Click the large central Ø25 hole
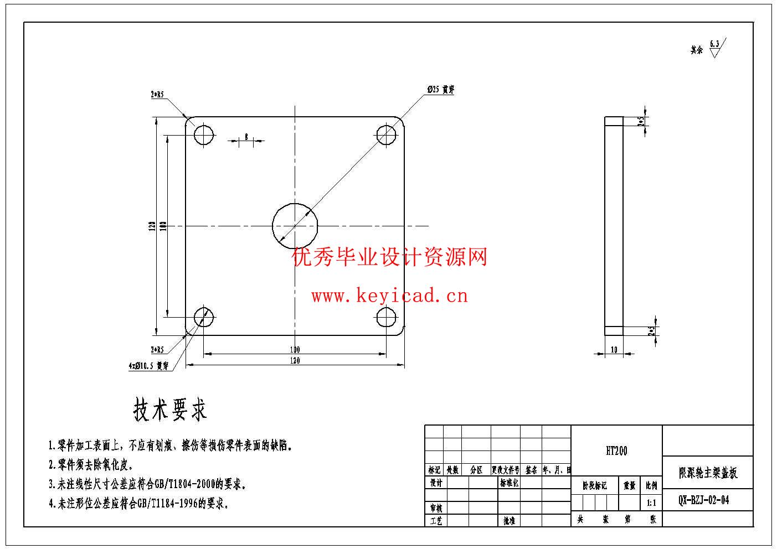tap(295, 225)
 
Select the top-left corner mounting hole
tap(204, 134)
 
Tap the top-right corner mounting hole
tap(387, 134)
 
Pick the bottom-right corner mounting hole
tap(387, 317)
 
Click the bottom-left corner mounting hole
tap(204, 317)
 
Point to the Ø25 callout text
tap(440, 90)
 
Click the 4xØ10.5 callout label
tap(148, 366)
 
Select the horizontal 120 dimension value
tap(295, 361)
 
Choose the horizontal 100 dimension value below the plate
tap(295, 349)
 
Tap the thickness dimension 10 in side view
tap(614, 350)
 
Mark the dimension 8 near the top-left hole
tap(246, 137)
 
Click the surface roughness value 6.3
tap(714, 44)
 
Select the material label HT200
tap(616, 451)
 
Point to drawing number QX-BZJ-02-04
tap(704, 500)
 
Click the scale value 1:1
tap(651, 504)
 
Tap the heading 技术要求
tap(170, 410)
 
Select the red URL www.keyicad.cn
tap(389, 296)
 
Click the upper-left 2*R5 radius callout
tap(157, 95)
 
